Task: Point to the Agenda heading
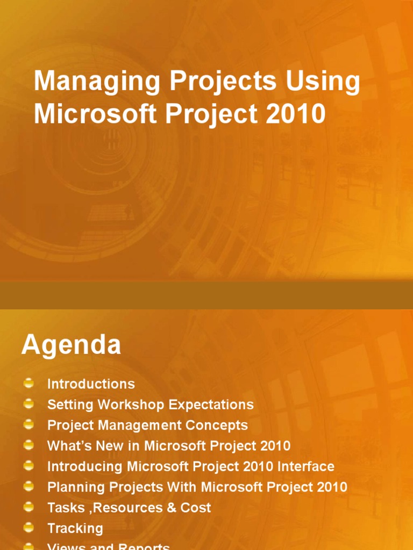(x=71, y=345)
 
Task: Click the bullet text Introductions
(x=91, y=384)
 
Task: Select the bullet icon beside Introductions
(x=29, y=383)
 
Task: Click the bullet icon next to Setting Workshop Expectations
(x=29, y=404)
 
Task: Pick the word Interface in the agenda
(x=306, y=467)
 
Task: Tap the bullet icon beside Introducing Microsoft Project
(x=29, y=466)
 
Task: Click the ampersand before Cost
(x=172, y=508)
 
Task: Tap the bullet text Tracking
(x=75, y=529)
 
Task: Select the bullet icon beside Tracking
(x=29, y=527)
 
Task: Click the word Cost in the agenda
(x=196, y=508)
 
